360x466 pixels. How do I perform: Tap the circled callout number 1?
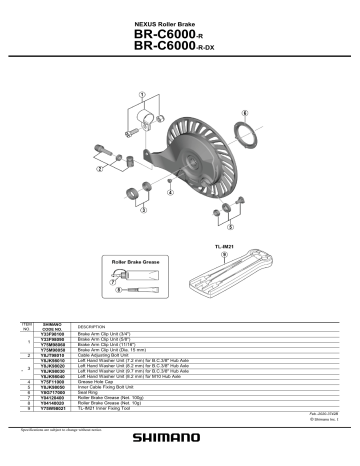[142, 96]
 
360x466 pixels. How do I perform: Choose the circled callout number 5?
[215, 212]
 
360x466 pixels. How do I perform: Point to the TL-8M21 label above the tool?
[224, 244]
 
